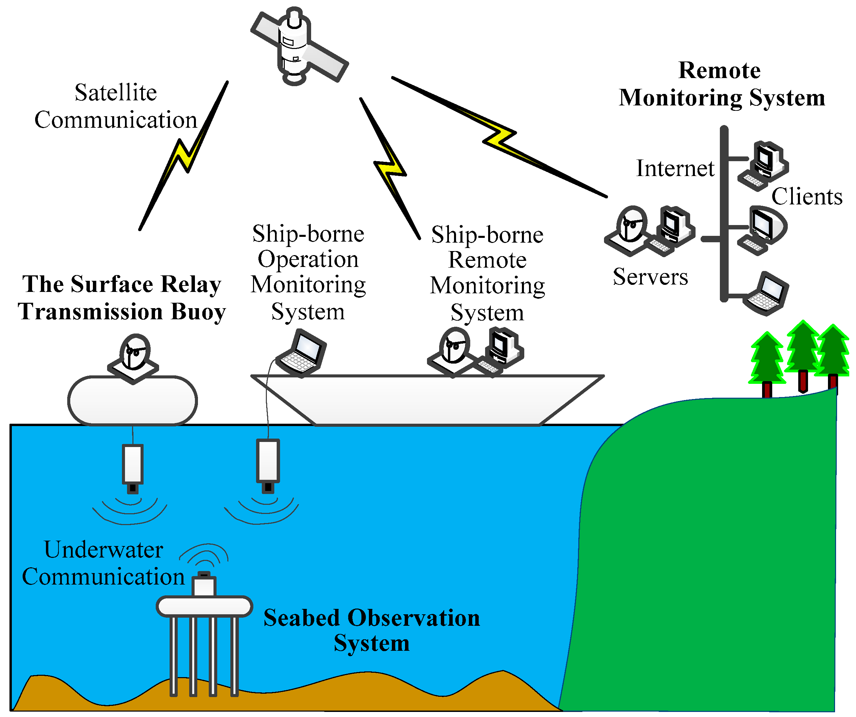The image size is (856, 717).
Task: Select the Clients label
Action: tap(806, 197)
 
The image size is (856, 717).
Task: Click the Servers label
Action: tap(650, 277)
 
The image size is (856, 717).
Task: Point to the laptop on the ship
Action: tap(302, 354)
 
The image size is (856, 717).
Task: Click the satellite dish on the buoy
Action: tap(134, 357)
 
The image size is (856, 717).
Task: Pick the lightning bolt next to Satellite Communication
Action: tap(183, 155)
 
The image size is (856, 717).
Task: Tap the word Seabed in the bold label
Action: tap(301, 618)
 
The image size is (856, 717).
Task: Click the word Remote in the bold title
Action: tap(719, 71)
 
